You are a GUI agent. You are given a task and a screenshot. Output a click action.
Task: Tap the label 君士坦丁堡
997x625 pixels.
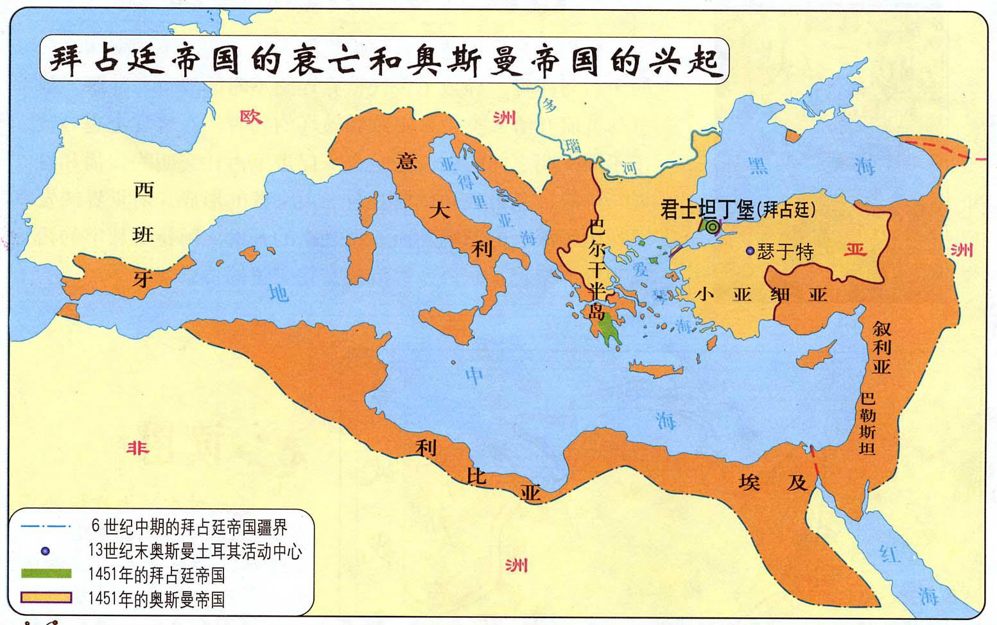tap(707, 210)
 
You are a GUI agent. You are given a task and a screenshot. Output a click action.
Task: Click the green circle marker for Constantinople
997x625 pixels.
tap(711, 226)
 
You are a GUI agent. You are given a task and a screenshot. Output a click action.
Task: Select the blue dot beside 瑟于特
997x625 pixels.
tap(750, 251)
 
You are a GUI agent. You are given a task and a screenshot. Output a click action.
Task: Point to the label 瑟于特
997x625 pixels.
tap(785, 251)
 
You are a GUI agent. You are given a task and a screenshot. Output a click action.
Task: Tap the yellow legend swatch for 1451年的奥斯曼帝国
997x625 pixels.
tap(46, 597)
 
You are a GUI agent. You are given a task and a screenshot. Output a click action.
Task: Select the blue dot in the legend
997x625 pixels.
tap(45, 551)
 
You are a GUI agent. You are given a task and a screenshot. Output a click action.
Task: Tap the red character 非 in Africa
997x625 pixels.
tap(137, 447)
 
